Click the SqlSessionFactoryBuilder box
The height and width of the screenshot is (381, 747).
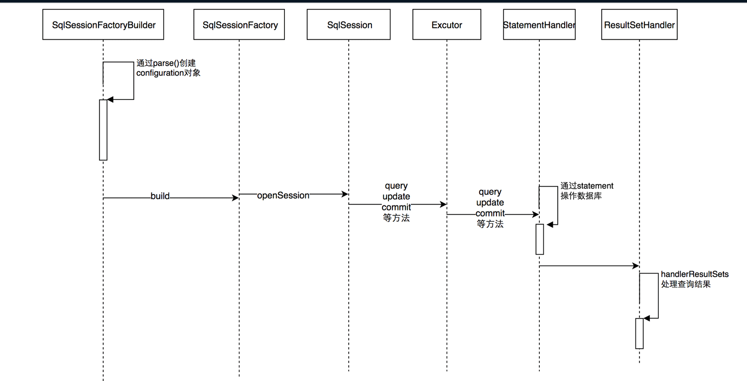click(x=103, y=25)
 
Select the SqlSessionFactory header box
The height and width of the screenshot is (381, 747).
click(x=239, y=25)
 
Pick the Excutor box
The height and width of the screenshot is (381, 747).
click(x=447, y=25)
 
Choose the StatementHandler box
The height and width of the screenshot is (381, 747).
click(x=539, y=25)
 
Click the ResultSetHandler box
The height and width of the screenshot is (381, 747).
click(x=639, y=25)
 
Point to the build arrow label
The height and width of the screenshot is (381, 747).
click(x=160, y=196)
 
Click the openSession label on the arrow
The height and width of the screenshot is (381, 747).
click(x=283, y=195)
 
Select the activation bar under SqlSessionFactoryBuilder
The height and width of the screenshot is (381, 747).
click(x=103, y=130)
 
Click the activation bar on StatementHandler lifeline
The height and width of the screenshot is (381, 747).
click(x=539, y=239)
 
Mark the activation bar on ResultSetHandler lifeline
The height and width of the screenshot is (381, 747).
click(x=639, y=333)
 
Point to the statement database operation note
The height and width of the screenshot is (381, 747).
click(x=587, y=190)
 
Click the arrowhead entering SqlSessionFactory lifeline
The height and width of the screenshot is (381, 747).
click(x=236, y=198)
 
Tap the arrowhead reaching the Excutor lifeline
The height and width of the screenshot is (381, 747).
click(x=443, y=204)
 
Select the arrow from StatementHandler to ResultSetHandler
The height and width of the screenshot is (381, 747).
click(x=588, y=266)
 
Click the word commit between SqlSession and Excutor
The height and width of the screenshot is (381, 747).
click(x=396, y=207)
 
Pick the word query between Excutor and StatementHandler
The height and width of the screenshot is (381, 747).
click(x=490, y=192)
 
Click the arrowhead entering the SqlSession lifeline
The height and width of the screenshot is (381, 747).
click(x=345, y=194)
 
